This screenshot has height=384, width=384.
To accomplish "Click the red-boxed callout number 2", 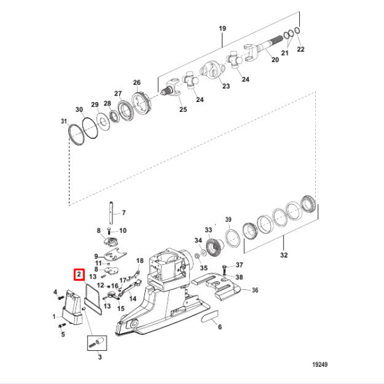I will (x=78, y=273).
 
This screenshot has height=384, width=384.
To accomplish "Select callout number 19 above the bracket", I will (x=222, y=28).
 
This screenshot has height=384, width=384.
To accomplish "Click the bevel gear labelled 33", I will (x=211, y=320).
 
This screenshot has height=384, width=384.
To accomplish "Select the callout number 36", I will (x=255, y=290).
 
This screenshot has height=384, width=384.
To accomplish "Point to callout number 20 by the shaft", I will (x=275, y=60).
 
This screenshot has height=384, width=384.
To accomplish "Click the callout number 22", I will (x=301, y=50).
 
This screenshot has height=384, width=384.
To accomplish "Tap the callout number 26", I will (x=137, y=83).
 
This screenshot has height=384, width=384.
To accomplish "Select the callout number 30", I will (x=79, y=109).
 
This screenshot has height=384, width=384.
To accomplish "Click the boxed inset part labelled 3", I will (x=98, y=342).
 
